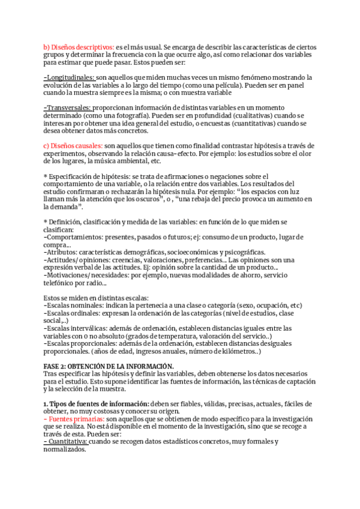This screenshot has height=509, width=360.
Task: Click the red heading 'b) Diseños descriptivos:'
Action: coord(79,47)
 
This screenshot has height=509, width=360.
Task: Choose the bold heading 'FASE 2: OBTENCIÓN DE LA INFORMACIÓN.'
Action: coord(109,366)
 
